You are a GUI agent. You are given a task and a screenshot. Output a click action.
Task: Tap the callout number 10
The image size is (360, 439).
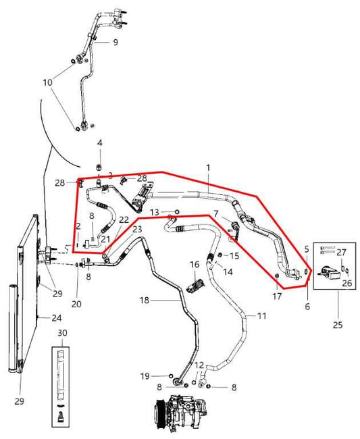tap(47, 82)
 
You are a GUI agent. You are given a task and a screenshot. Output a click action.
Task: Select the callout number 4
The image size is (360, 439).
tap(99, 143)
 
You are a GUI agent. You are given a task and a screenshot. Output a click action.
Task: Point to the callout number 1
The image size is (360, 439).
tap(208, 167)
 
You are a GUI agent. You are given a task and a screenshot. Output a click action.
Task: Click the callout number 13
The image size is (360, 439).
tap(155, 212)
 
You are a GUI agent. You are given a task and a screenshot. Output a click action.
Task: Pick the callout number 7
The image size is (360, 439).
tap(215, 214)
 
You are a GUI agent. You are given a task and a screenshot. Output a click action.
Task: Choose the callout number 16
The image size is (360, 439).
tap(194, 264)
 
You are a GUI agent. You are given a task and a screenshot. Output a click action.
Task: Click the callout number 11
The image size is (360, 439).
tap(261, 315)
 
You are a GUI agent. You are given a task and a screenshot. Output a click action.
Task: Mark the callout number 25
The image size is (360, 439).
tap(336, 325)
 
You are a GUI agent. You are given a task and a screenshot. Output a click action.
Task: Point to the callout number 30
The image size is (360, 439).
tap(63, 333)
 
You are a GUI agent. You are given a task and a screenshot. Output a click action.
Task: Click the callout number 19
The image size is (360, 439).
tap(145, 376)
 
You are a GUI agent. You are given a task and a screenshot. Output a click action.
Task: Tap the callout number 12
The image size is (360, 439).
tap(199, 365)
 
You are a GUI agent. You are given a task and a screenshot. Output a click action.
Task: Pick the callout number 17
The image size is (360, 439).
tap(278, 295)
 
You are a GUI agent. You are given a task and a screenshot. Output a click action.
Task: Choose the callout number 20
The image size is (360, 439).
tap(76, 304)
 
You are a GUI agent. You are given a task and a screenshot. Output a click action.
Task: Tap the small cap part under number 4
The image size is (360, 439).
tap(99, 166)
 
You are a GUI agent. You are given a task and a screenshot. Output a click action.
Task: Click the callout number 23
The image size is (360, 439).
tap(137, 230)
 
